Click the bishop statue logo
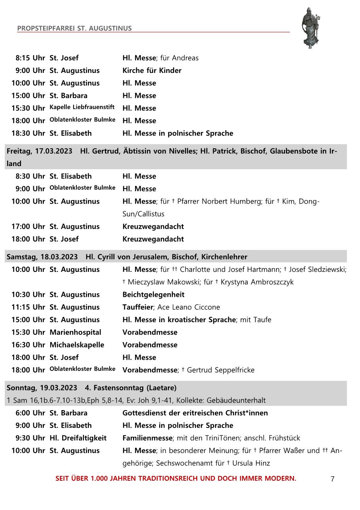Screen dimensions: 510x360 (x=310, y=27)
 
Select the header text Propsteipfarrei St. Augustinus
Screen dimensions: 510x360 (x=74, y=29)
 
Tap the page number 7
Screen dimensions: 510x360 (x=332, y=479)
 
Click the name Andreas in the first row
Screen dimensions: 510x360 (x=185, y=58)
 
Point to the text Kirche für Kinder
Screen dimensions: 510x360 (x=152, y=71)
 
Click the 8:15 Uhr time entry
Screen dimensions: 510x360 (x=30, y=58)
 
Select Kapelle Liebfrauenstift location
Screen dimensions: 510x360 (x=82, y=107)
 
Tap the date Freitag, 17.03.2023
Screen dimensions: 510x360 (x=39, y=151)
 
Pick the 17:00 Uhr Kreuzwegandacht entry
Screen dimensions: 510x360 (x=153, y=227)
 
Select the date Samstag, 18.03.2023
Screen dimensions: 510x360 (x=42, y=257)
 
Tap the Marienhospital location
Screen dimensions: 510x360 (x=75, y=332)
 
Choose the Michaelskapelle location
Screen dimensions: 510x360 (x=77, y=345)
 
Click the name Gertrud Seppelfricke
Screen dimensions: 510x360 (x=221, y=370)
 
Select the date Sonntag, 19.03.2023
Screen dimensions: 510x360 (x=42, y=388)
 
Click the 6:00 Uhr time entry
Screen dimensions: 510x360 (x=30, y=413)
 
